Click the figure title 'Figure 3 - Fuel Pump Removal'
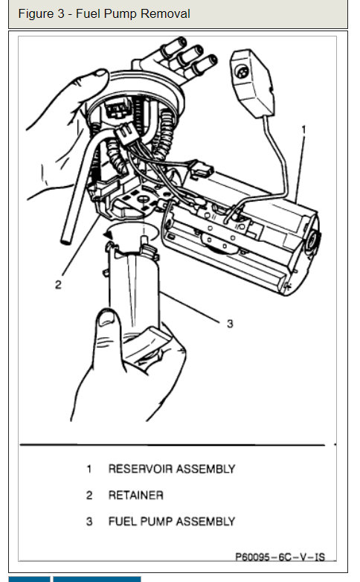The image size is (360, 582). click(104, 13)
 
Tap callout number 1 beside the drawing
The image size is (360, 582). click(303, 129)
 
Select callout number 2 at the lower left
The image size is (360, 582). click(57, 284)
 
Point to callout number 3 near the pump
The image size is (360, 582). click(230, 323)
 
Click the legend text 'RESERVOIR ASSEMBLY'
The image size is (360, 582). click(171, 469)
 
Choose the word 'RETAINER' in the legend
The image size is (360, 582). click(135, 495)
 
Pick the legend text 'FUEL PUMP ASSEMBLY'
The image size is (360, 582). click(171, 521)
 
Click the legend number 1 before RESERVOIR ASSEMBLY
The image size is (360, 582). click(89, 469)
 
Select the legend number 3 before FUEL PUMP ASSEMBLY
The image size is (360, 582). click(89, 521)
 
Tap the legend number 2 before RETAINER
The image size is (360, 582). click(89, 495)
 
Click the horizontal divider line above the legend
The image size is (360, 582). click(171, 445)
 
